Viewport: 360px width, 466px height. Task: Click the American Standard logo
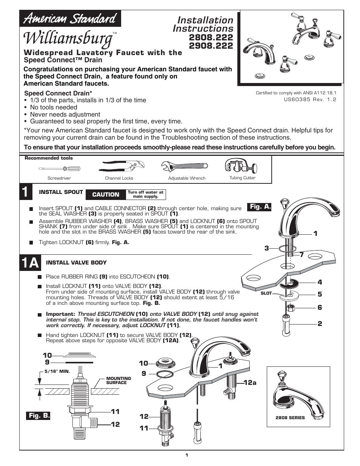70,18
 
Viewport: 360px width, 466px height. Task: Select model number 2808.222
211,37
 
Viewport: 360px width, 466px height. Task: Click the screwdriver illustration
59,169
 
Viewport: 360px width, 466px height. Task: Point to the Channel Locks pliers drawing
119,166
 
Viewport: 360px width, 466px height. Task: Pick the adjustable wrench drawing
184,166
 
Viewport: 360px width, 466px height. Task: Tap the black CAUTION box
106,194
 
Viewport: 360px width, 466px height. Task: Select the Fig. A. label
260,207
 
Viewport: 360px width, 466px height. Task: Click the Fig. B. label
39,415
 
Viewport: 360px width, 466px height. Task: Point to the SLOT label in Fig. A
266,293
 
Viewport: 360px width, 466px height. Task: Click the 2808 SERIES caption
290,418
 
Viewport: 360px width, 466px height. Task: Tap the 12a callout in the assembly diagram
250,383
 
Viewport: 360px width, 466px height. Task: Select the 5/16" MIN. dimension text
57,371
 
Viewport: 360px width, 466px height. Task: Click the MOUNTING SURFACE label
118,380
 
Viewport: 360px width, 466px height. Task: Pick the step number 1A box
30,263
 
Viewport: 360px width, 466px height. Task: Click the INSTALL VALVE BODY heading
76,263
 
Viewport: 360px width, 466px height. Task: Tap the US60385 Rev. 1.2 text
310,100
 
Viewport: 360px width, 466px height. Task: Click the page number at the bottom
186,455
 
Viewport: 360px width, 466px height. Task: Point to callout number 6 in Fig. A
320,308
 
